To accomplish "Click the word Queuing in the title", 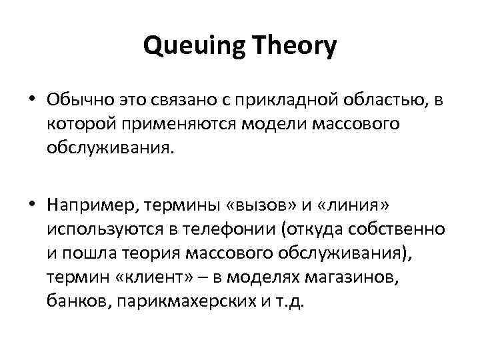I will point(191,46).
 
